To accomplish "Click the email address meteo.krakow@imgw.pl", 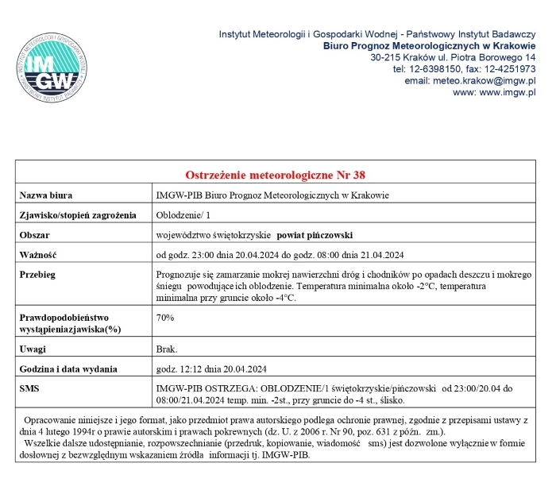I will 470,81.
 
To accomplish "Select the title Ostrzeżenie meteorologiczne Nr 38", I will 275,175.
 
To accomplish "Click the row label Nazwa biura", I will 46,195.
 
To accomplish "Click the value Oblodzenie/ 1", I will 184,215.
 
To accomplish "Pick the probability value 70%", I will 165,318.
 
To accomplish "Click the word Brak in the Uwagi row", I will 167,349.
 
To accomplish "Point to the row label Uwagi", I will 33,349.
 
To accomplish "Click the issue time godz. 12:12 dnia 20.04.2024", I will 210,369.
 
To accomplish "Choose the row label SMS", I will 29,389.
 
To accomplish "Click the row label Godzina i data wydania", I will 68,369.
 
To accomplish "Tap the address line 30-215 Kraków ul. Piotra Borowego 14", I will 453,58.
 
